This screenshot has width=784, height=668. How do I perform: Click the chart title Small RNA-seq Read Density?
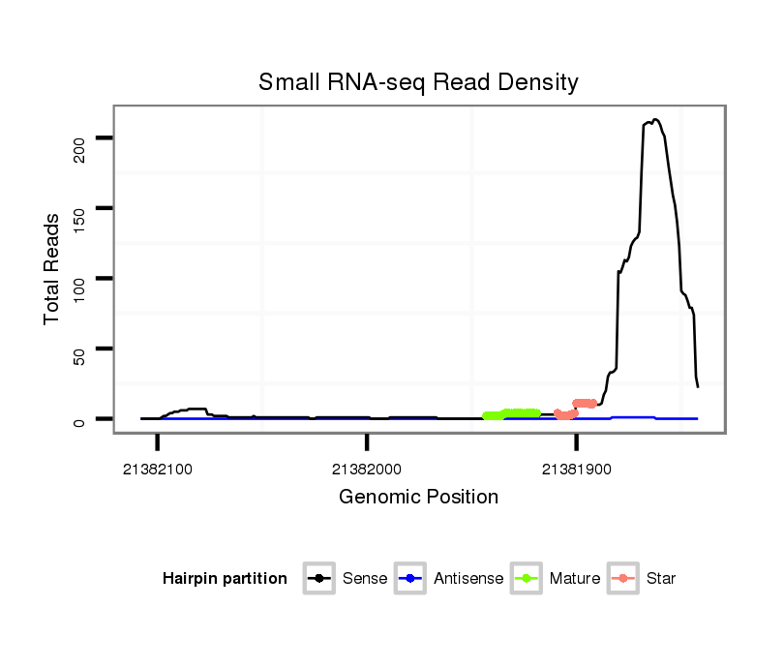[x=418, y=82]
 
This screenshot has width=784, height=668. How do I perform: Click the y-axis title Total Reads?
[x=52, y=268]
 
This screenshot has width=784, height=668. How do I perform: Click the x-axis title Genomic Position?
[x=418, y=498]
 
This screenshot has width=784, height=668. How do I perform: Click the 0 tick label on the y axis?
[x=80, y=419]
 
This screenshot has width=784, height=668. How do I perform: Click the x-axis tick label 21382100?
[x=158, y=469]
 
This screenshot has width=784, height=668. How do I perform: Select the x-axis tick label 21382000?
[x=367, y=469]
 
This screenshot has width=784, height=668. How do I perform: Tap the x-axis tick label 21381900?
[x=577, y=469]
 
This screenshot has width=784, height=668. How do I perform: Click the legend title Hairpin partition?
[x=225, y=579]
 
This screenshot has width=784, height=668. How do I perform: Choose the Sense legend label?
[x=365, y=579]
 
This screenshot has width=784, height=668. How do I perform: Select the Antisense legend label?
[x=468, y=579]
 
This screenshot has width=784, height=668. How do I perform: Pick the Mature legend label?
[x=574, y=579]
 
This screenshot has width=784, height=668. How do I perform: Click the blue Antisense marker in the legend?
[x=410, y=579]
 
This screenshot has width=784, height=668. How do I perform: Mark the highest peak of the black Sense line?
[x=655, y=120]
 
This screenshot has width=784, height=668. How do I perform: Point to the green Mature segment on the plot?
[x=512, y=414]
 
